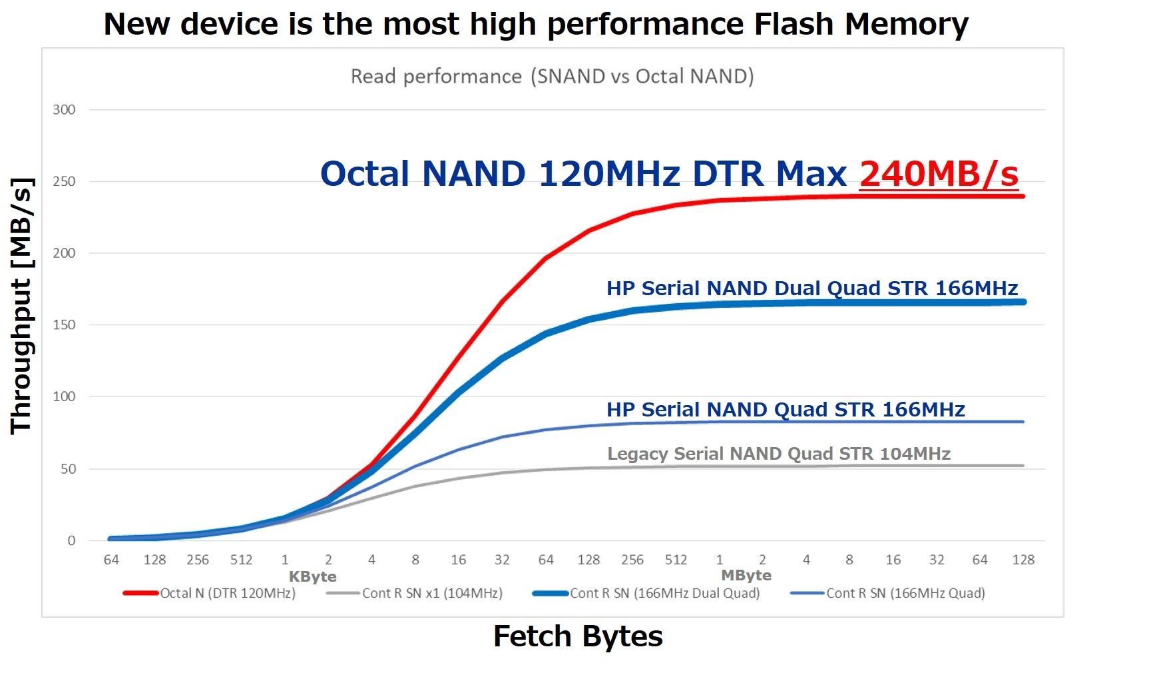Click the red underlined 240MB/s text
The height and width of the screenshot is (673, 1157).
coord(939,174)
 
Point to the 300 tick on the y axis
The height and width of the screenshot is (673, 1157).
coord(64,110)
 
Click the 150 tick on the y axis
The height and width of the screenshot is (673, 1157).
coord(64,325)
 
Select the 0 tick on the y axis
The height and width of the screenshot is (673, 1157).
coord(71,541)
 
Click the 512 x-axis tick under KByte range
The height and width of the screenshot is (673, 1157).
coord(241,560)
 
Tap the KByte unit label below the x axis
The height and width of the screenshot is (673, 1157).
coord(312,576)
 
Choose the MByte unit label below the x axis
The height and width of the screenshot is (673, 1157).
coord(746,575)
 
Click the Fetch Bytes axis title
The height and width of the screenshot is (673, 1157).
coord(578,636)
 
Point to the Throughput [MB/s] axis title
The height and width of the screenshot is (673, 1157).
coord(21,307)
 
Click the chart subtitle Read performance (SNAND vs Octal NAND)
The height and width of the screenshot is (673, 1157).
coord(552,77)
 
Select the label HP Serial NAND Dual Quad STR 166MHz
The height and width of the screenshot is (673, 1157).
coord(812,289)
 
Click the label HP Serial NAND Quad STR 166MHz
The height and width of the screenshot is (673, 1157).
coord(786,410)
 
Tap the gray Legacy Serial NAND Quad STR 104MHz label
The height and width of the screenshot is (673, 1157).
coord(779,454)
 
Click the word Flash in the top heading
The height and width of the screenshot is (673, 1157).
coord(794,25)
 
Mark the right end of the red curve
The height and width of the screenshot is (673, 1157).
coord(1023,197)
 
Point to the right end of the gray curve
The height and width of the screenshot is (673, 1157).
coord(1023,466)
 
